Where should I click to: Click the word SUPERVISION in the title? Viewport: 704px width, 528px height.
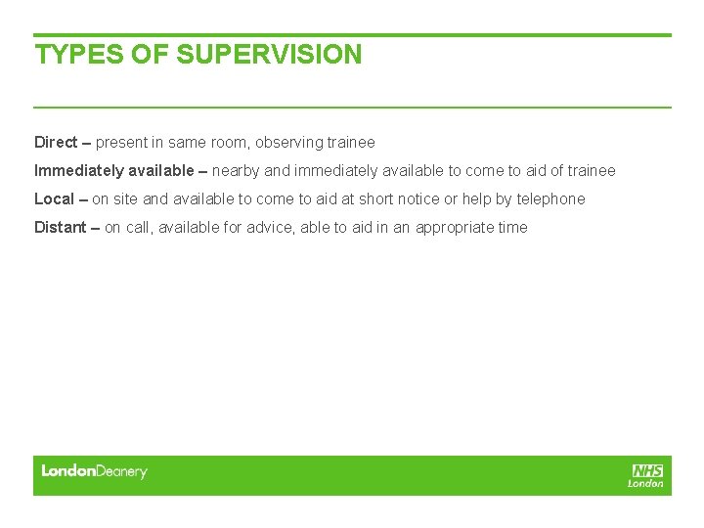269,55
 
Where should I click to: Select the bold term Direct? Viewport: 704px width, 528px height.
56,143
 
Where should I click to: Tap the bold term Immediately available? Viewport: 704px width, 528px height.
114,171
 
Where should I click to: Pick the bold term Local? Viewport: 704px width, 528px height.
54,199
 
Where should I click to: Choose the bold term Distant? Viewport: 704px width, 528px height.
60,228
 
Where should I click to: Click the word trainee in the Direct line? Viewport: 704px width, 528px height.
350,143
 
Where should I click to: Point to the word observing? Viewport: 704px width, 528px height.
288,143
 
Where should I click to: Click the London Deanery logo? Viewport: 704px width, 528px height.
94,471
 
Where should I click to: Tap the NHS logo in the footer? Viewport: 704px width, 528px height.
647,470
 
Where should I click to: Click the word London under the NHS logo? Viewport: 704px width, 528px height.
646,483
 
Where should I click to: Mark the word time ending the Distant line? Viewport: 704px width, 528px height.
512,228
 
